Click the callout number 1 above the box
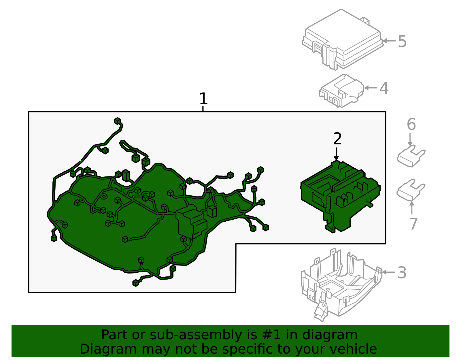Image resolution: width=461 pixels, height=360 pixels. coord(203,99)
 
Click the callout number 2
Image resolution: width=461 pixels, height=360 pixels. coord(337,139)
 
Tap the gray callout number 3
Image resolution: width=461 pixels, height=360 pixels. coord(402,272)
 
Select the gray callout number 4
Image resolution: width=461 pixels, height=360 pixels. coord(384,88)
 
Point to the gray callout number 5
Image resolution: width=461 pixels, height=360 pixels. coord(402,42)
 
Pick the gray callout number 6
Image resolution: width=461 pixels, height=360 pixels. coord(411,125)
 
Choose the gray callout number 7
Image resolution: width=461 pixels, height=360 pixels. coord(413,224)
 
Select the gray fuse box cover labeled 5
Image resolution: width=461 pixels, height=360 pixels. coord(343,40)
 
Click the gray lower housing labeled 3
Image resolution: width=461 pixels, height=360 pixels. coord(340,285)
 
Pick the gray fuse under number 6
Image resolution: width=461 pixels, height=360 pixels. coord(411,157)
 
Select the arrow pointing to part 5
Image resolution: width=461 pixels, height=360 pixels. coord(389,41)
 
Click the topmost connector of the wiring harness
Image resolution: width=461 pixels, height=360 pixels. coord(117,121)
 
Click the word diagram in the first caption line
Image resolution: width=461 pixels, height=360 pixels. coord(336,335)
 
